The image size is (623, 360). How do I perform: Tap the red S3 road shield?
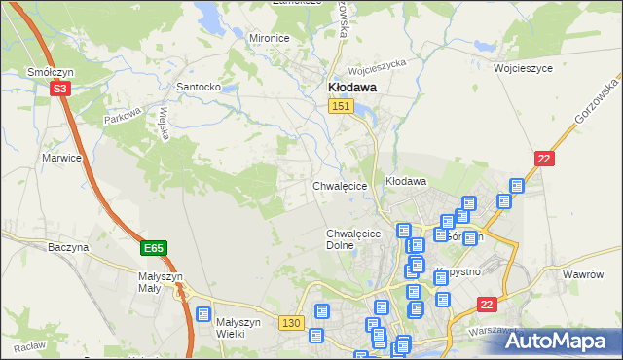[x=60, y=88]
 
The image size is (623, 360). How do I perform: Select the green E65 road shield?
[x=153, y=249]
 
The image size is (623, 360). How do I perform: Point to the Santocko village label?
[x=198, y=87]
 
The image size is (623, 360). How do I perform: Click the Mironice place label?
[x=270, y=38]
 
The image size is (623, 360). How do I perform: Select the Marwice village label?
[x=59, y=157]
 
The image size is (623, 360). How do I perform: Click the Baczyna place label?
[x=68, y=247]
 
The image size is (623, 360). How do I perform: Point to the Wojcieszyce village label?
[x=523, y=69]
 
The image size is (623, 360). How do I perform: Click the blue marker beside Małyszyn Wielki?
[x=203, y=315]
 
